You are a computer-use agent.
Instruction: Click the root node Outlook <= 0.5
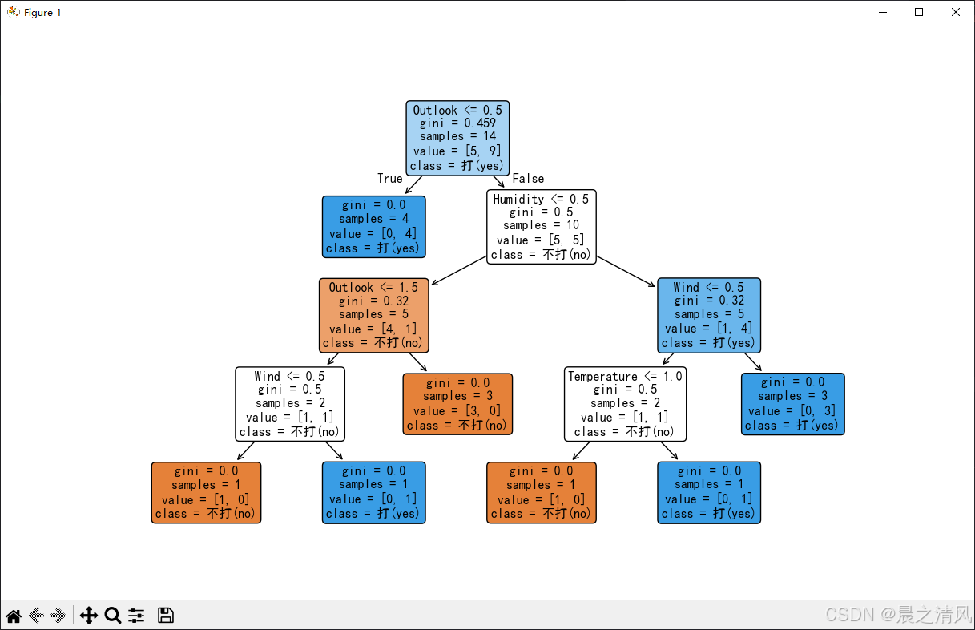click(457, 138)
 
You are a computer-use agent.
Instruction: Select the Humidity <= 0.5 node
click(541, 227)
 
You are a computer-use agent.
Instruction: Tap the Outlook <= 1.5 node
click(374, 315)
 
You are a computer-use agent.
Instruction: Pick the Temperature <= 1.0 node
click(625, 404)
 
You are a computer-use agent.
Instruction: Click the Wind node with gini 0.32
click(709, 315)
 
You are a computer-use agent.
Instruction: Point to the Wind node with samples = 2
click(290, 404)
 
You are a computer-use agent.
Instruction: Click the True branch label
click(389, 179)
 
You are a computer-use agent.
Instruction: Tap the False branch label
click(528, 179)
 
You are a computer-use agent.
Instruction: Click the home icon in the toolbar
click(14, 616)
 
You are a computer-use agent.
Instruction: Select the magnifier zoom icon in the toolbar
click(113, 616)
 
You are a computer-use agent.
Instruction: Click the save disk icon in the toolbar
click(165, 616)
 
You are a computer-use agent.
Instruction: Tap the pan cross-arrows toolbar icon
click(89, 616)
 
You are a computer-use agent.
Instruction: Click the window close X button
click(956, 12)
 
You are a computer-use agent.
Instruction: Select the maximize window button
click(919, 12)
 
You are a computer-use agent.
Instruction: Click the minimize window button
click(883, 12)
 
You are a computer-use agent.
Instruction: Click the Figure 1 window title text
click(42, 13)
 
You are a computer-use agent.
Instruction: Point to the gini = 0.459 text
click(457, 123)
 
